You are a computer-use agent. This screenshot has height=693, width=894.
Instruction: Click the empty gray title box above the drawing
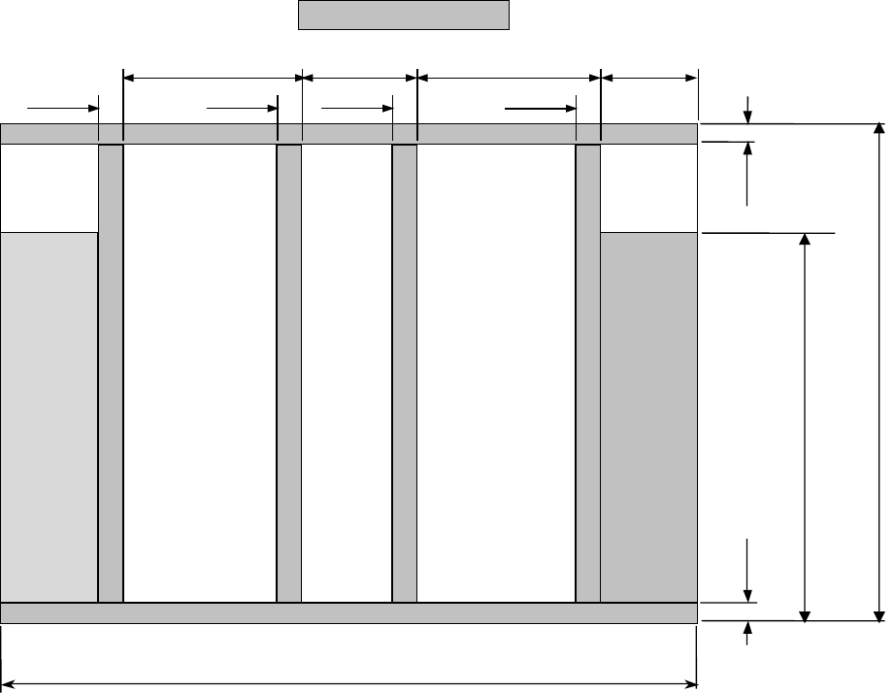click(403, 16)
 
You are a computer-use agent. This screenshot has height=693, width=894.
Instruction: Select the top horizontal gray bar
click(348, 134)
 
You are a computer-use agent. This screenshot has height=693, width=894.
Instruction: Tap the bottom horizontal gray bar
click(348, 612)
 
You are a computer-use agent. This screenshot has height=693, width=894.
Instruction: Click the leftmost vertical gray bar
click(111, 374)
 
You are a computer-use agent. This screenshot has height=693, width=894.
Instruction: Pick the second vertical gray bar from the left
click(288, 374)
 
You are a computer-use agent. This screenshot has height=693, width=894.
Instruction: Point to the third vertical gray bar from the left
click(404, 374)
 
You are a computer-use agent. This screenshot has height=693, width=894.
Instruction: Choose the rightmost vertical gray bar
click(588, 374)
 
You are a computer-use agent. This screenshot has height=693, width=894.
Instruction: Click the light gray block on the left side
click(50, 417)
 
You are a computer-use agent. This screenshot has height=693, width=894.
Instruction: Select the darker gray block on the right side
click(648, 417)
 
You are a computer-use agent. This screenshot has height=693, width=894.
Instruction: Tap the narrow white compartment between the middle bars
click(347, 374)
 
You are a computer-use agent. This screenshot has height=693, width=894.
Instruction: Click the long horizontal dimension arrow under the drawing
click(348, 683)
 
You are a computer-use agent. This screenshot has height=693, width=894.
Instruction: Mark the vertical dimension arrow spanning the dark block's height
click(805, 427)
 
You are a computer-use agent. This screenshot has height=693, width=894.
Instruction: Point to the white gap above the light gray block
click(50, 188)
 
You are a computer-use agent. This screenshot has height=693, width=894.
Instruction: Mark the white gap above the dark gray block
click(648, 188)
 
